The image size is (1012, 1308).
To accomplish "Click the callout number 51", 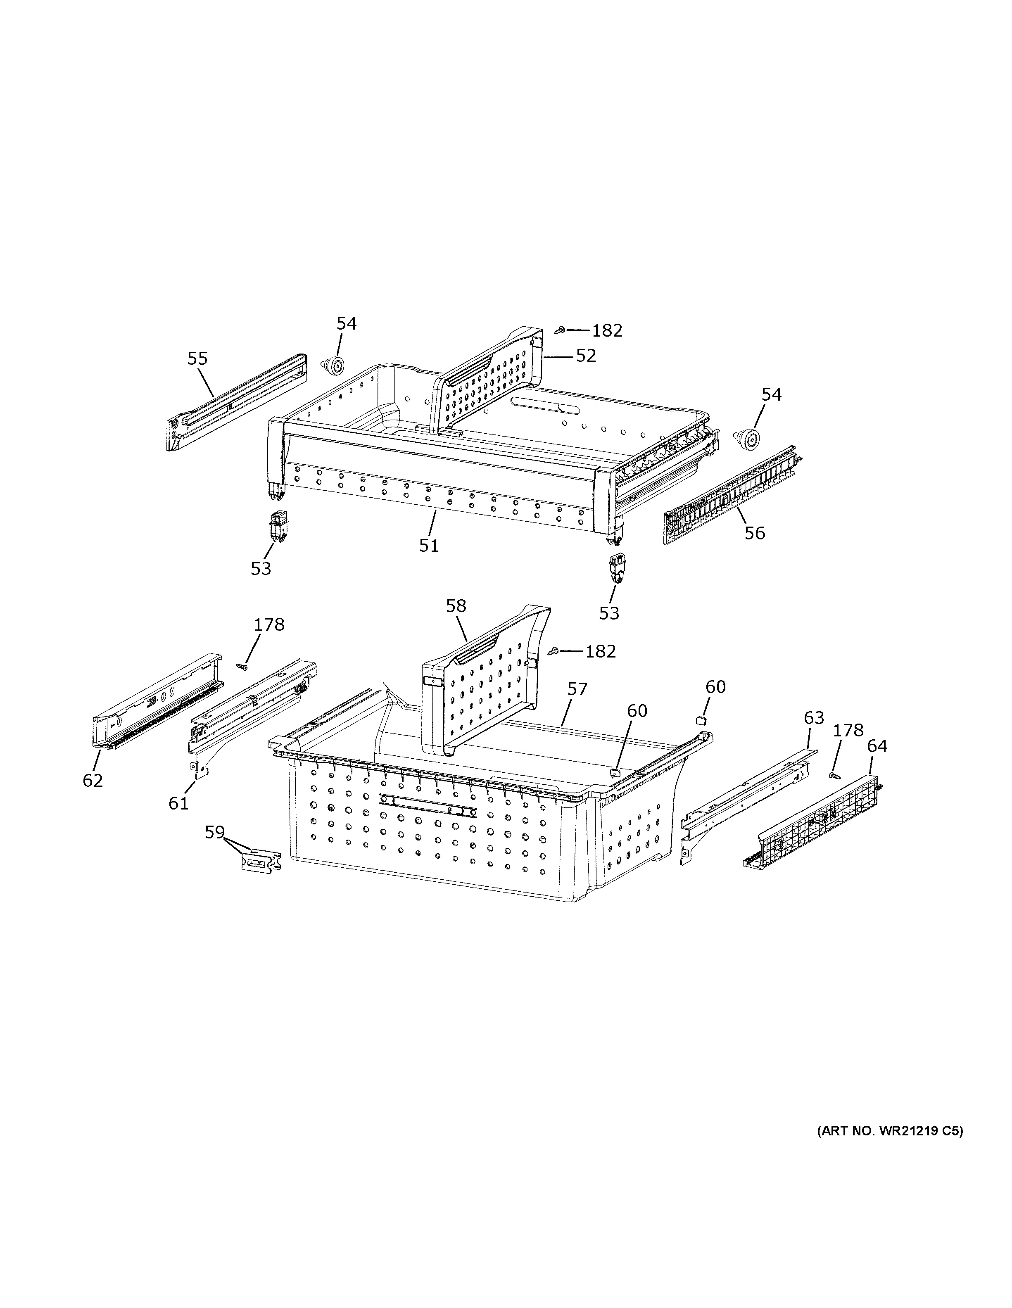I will [429, 546].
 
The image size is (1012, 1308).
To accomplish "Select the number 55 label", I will [197, 359].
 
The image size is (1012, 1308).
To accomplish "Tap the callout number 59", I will [214, 833].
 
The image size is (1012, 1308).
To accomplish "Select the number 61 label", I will [178, 804].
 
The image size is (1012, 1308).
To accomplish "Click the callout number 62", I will [93, 780].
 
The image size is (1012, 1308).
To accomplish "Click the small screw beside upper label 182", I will [560, 330].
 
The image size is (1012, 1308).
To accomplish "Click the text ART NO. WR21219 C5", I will [890, 1131].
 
